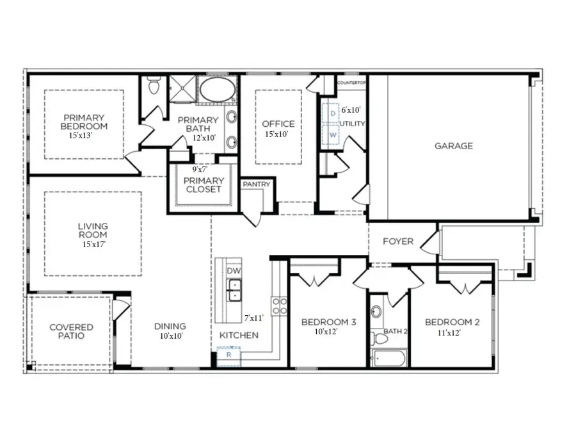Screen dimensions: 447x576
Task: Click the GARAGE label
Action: click(454, 146)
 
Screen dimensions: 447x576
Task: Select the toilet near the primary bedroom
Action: click(154, 85)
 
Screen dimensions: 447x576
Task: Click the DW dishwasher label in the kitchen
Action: click(233, 272)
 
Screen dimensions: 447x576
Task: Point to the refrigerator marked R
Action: click(228, 354)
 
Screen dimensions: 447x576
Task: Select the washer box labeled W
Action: click(333, 136)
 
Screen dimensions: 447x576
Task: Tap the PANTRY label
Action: click(257, 184)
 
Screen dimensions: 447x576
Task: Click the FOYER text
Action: click(397, 241)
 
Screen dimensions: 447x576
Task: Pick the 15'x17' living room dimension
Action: click(93, 244)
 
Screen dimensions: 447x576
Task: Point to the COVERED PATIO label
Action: click(71, 331)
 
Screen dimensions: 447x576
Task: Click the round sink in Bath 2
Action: click(376, 313)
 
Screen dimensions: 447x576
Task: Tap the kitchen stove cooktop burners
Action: click(279, 306)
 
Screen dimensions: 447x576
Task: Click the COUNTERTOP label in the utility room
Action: click(351, 83)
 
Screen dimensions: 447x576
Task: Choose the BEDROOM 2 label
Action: click(452, 322)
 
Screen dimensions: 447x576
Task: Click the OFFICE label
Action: click(278, 124)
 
